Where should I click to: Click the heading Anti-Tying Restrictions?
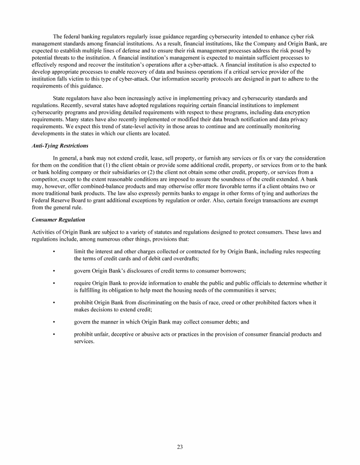coord(60,146)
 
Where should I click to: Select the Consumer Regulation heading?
coord(59,219)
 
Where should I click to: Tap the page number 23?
coord(180,447)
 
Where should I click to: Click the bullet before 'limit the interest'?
coord(55,252)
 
